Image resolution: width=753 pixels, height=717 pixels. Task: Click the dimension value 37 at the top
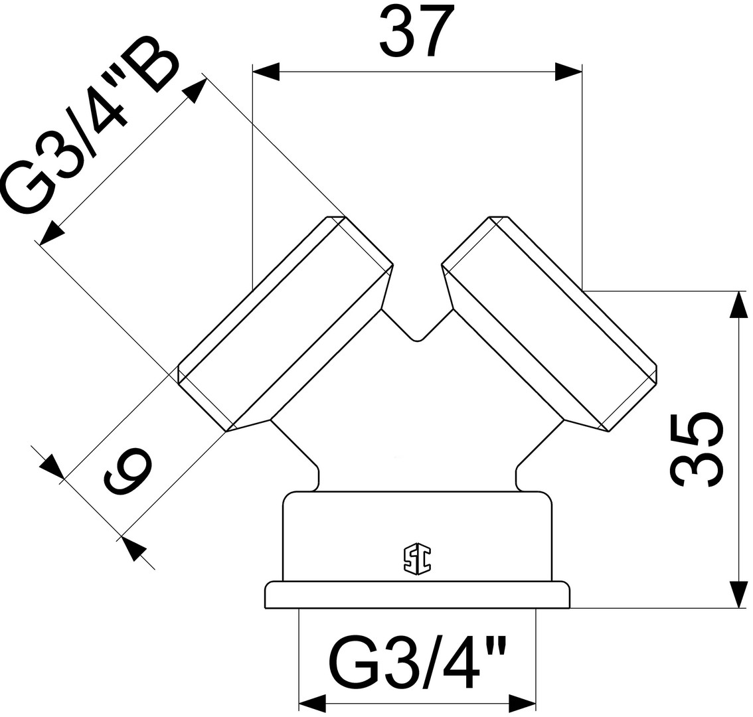[417, 31]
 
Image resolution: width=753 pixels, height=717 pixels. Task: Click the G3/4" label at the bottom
[418, 664]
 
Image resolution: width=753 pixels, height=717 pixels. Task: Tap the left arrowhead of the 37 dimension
[266, 72]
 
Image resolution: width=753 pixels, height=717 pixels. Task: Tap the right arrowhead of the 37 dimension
[568, 72]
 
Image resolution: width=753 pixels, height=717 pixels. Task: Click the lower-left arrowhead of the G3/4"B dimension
[51, 234]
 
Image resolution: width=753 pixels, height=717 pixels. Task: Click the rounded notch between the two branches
[417, 337]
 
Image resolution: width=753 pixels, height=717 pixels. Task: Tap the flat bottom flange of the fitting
[417, 595]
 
